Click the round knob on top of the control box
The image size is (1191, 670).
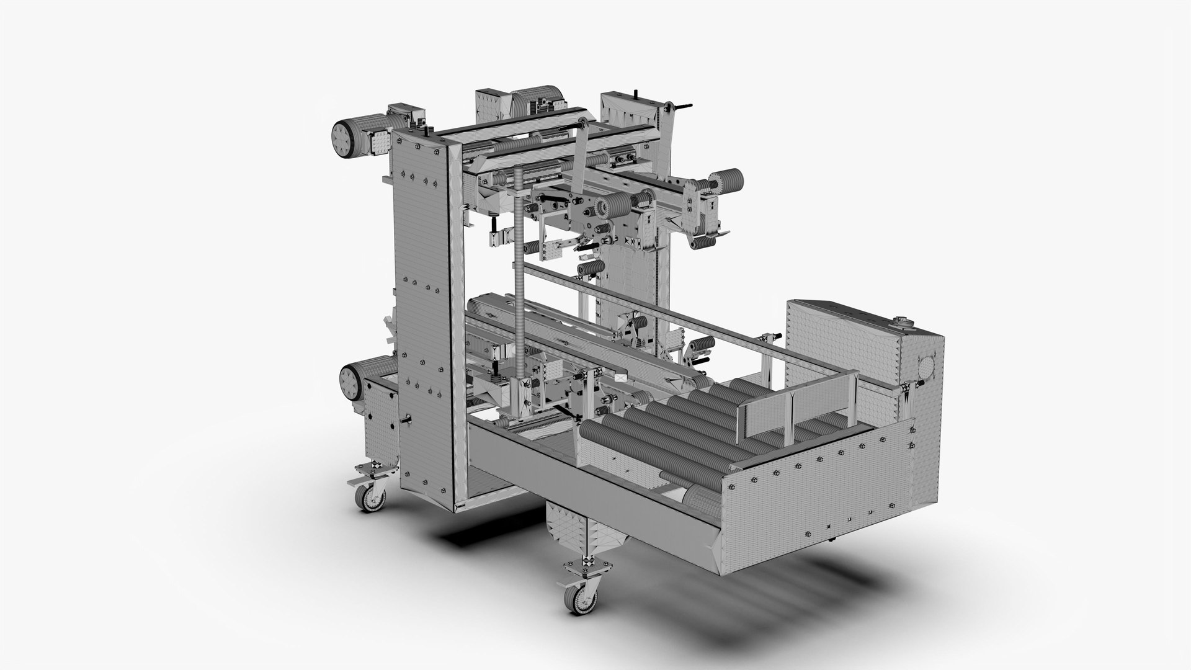tap(901, 321)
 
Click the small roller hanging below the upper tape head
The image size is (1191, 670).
tap(591, 268)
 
